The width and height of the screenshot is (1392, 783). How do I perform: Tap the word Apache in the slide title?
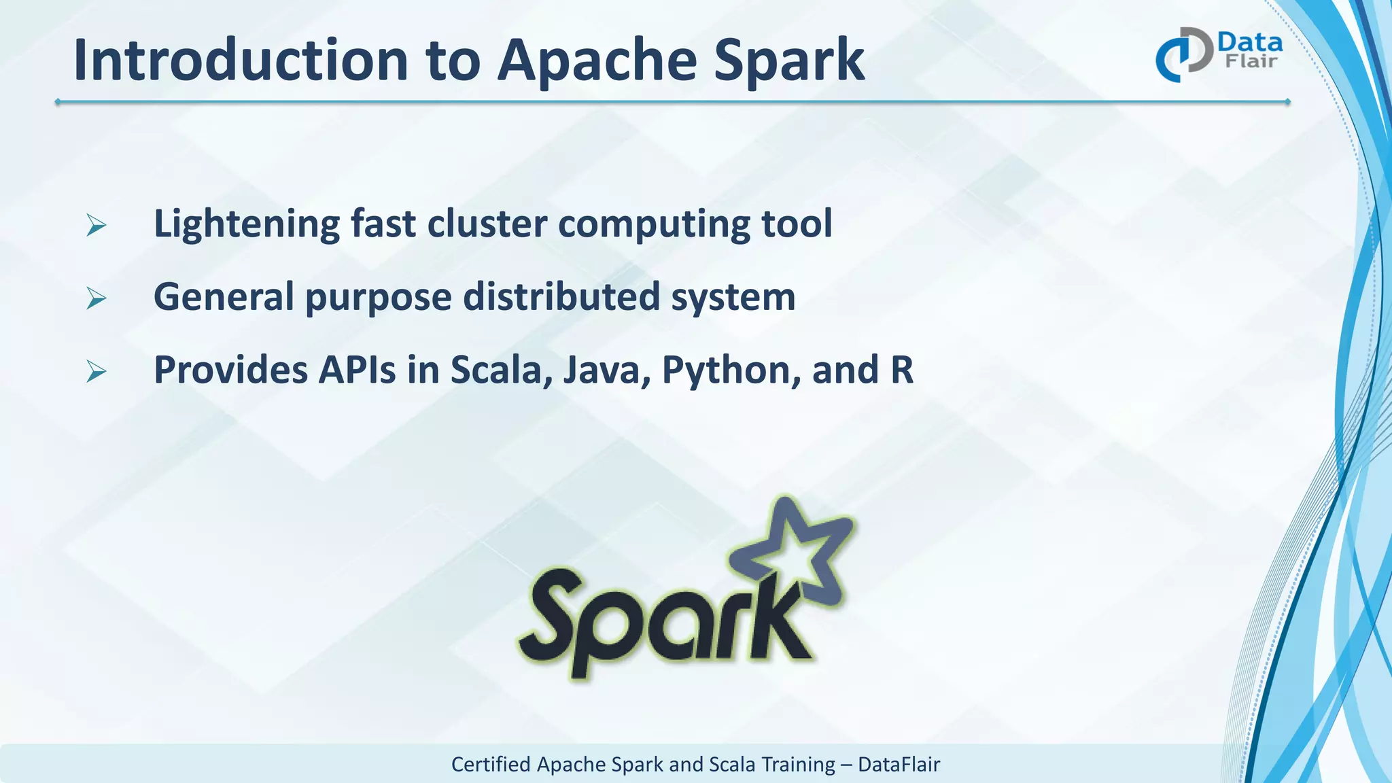(x=597, y=61)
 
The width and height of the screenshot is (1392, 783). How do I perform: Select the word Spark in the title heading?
(x=789, y=61)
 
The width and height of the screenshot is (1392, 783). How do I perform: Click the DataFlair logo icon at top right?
(x=1183, y=54)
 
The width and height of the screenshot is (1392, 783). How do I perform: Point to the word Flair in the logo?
(x=1251, y=62)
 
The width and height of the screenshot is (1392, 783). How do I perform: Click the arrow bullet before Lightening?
(x=97, y=225)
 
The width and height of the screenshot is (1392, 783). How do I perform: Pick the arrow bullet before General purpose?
(x=97, y=298)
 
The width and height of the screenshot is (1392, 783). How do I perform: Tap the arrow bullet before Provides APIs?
(x=97, y=372)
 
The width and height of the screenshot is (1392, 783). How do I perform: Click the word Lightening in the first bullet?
(x=246, y=224)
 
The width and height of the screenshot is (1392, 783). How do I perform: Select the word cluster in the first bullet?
(x=487, y=224)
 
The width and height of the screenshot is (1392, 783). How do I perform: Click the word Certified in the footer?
(x=491, y=765)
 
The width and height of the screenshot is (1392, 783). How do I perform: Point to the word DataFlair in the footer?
(x=899, y=765)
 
